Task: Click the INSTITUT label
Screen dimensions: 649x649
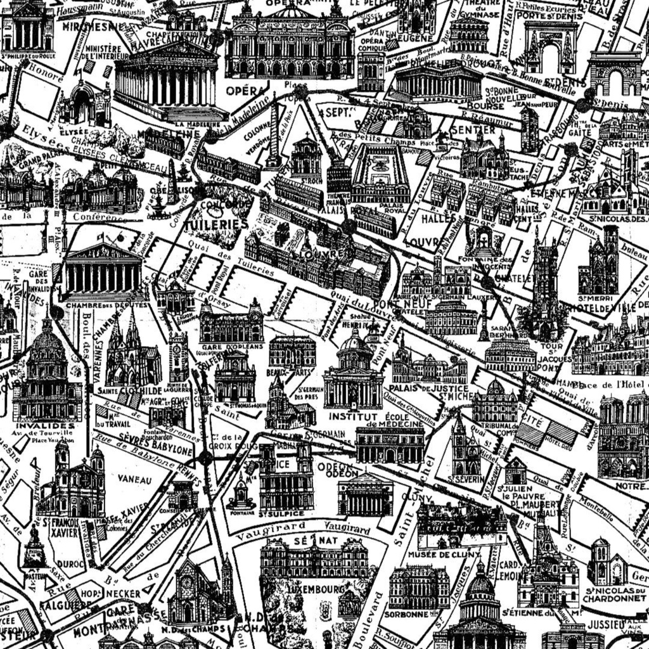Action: tap(348, 416)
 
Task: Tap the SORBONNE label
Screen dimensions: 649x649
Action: tap(407, 614)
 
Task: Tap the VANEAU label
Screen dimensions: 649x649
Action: tap(135, 480)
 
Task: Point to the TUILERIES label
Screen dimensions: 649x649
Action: tap(216, 224)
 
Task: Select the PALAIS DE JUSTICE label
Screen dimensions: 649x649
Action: tap(429, 388)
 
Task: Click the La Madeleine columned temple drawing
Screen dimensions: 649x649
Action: tap(167, 79)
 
